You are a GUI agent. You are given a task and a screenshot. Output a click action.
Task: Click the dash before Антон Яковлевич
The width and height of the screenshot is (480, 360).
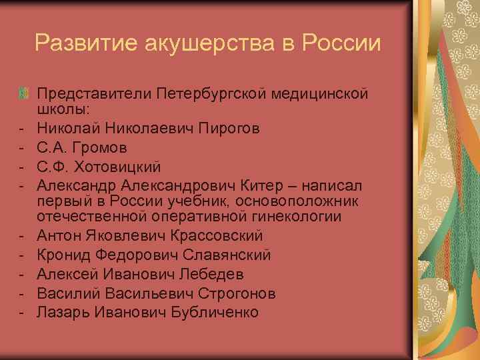pyautogui.click(x=22, y=236)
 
